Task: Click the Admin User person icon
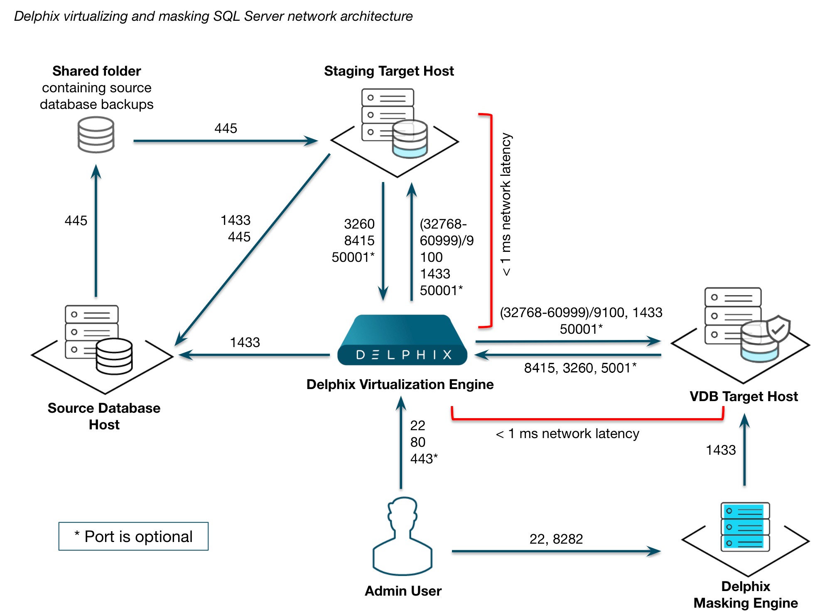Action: coord(402,536)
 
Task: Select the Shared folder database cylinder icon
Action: coord(96,135)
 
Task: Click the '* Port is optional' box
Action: coord(133,536)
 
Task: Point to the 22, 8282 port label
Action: coord(556,539)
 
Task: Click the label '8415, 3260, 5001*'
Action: coord(580,368)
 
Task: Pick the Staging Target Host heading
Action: coord(389,71)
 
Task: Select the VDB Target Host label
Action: coord(744,396)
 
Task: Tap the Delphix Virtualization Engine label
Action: coord(400,384)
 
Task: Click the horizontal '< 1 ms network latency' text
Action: coord(567,434)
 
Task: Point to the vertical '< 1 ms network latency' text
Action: coord(506,204)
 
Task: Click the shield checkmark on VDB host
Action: coord(778,328)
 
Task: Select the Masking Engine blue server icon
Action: coord(745,527)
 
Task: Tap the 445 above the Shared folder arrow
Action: coord(226,128)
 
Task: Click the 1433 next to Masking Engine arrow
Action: coord(721,450)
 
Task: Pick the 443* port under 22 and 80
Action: coord(424,458)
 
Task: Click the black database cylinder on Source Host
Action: coord(114,356)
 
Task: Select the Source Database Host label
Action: coord(104,416)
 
